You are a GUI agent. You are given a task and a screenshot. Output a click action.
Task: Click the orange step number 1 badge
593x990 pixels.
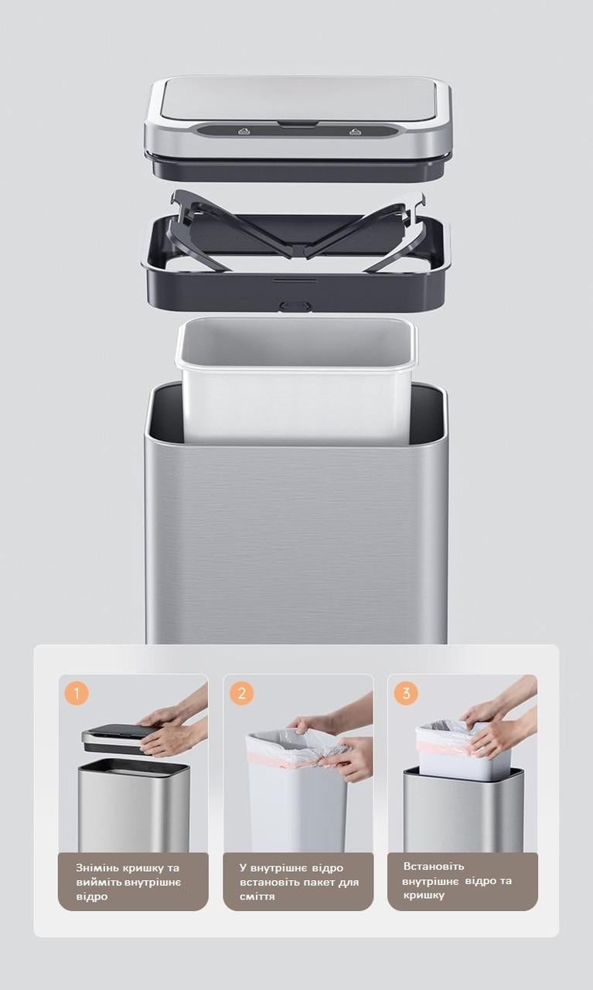[x=77, y=692]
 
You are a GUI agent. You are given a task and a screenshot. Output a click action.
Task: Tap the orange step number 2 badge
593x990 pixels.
[x=241, y=692]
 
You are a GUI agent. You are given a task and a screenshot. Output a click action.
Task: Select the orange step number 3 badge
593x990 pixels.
[x=406, y=692]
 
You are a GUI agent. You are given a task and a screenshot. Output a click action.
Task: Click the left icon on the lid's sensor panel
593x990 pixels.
[x=244, y=131]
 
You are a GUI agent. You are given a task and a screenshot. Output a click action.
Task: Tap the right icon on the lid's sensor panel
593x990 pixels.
[x=355, y=131]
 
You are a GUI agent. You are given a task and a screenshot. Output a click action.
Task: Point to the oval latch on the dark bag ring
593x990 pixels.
[x=295, y=306]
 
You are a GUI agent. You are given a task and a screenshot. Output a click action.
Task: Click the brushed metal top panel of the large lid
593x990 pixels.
[x=298, y=98]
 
